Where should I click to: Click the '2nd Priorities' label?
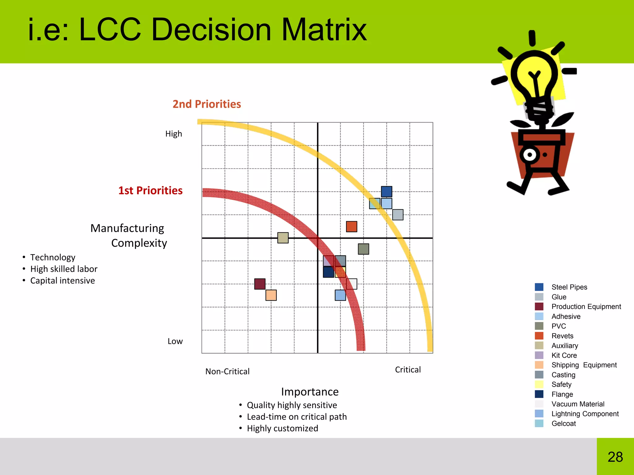point(206,104)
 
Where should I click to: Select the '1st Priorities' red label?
point(150,190)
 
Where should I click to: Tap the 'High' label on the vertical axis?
point(173,134)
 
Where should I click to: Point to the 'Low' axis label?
point(175,341)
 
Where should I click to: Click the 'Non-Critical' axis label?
point(227,371)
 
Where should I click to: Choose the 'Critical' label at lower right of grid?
point(408,370)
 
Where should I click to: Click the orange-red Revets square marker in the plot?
point(351,227)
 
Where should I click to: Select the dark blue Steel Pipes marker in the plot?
point(386,191)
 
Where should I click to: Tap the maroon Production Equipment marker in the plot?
point(260,284)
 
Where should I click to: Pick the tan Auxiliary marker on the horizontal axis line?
point(283,238)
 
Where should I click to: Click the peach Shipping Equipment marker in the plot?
point(271,295)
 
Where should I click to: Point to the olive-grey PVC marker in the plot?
point(363,249)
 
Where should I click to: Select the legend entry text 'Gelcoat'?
point(563,424)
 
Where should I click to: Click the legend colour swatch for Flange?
point(539,394)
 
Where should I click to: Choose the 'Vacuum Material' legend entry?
point(578,404)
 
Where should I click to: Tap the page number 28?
point(615,457)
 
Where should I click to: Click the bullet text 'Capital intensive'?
point(62,281)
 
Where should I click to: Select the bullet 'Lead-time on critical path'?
point(297,417)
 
